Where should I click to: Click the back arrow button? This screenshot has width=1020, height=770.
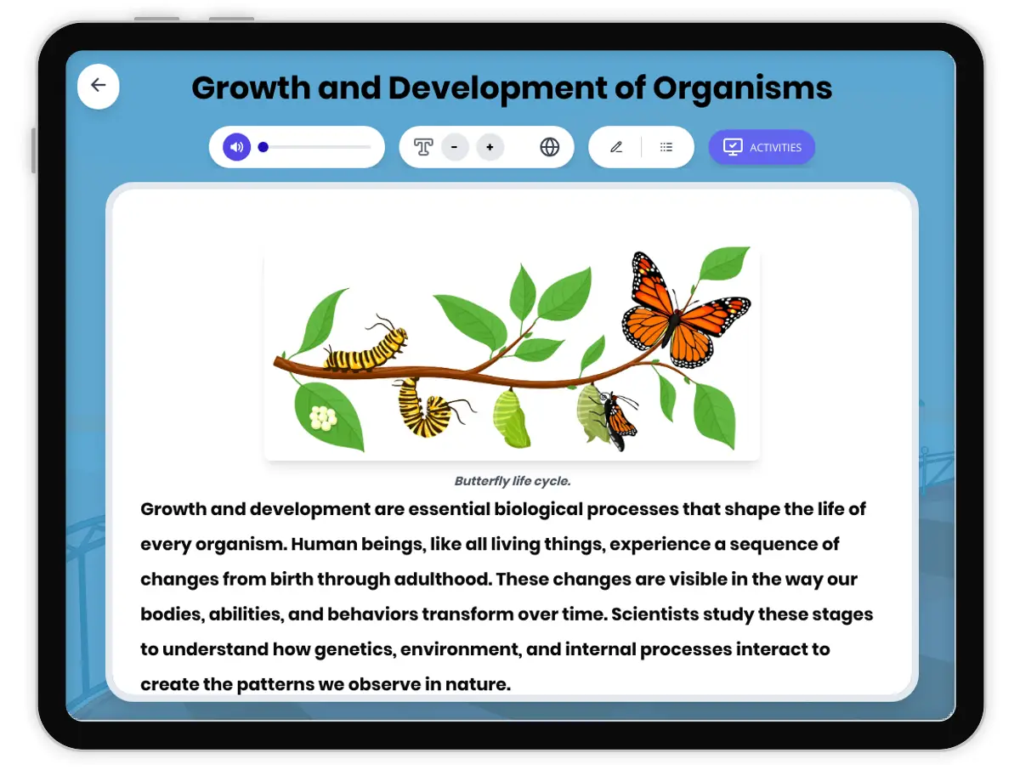(x=98, y=86)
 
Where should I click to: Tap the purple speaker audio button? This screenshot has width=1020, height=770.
(x=236, y=147)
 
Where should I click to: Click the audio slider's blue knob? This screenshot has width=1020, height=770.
(x=263, y=147)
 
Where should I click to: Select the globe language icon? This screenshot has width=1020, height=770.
(x=549, y=147)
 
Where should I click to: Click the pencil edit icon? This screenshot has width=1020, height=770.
(x=616, y=147)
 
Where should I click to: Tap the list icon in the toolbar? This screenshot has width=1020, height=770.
(x=666, y=147)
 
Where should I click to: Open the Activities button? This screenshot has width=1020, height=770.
(x=762, y=147)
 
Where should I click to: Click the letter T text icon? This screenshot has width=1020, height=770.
(x=422, y=147)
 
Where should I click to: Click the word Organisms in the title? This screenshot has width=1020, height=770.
(x=742, y=88)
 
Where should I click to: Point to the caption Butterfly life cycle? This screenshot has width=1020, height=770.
(x=512, y=481)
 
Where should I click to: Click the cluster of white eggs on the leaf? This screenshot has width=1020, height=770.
(x=323, y=417)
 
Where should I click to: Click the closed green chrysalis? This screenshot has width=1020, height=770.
(x=510, y=418)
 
